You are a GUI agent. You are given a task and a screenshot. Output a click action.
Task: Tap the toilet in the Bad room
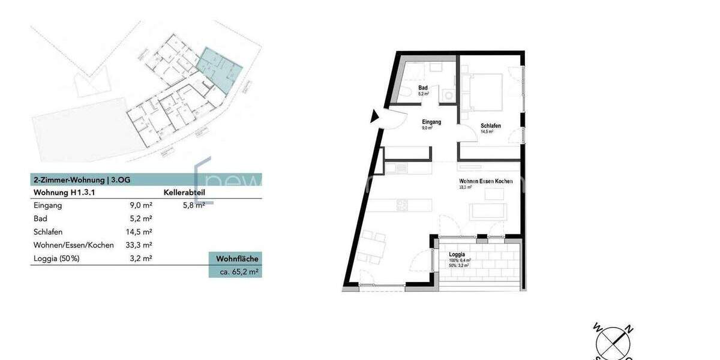[x=408, y=91]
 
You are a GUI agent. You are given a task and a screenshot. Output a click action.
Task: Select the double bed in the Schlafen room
[x=486, y=89]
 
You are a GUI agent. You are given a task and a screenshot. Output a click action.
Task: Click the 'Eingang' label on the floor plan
[x=431, y=122]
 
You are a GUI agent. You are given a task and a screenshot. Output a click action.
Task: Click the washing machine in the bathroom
[x=448, y=95]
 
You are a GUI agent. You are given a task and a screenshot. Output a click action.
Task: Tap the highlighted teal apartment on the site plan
[x=220, y=69]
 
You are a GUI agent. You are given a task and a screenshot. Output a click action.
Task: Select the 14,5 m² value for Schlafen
[x=139, y=232]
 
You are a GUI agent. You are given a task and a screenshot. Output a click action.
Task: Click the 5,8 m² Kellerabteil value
[x=194, y=205]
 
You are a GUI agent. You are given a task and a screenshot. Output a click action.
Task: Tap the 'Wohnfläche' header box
[x=237, y=259]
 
